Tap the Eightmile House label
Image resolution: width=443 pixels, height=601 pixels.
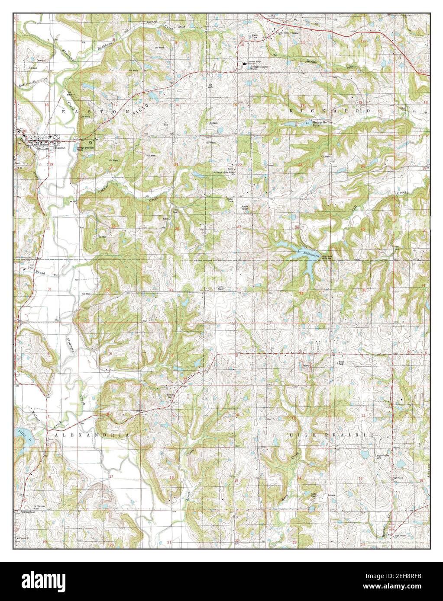point(288,33)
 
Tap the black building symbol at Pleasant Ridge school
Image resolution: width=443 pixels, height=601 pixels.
point(245,65)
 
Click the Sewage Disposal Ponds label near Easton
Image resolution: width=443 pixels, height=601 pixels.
point(86,148)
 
